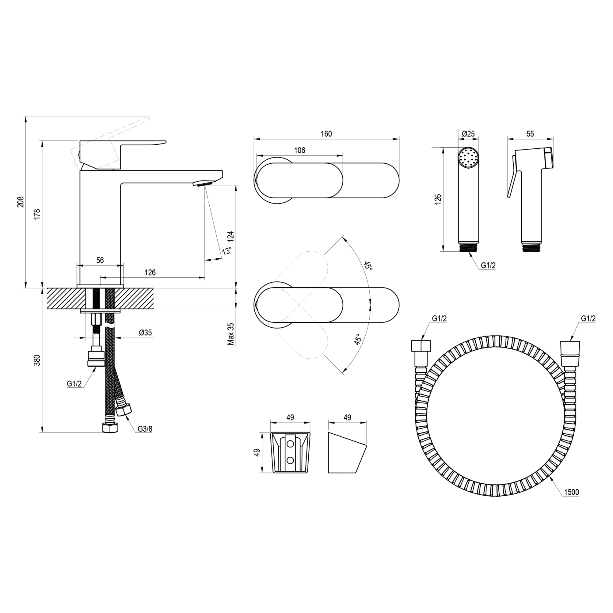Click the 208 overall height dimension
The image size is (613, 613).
click(x=21, y=202)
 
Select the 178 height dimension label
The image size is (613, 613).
click(x=38, y=214)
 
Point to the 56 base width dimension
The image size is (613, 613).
click(x=100, y=260)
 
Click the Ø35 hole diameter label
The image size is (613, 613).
click(x=145, y=333)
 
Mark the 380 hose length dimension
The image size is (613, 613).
click(x=38, y=360)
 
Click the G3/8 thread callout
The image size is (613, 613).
click(x=145, y=429)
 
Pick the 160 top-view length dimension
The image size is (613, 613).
click(x=326, y=134)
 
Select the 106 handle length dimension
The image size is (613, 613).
click(x=299, y=150)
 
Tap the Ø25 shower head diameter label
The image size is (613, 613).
click(x=468, y=134)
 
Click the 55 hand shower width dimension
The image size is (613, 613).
click(x=530, y=134)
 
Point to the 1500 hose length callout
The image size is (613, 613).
click(x=571, y=492)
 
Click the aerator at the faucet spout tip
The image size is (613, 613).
click(x=205, y=183)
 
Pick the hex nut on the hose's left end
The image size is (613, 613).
click(x=421, y=345)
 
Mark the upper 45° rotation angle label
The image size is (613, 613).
click(x=368, y=266)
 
